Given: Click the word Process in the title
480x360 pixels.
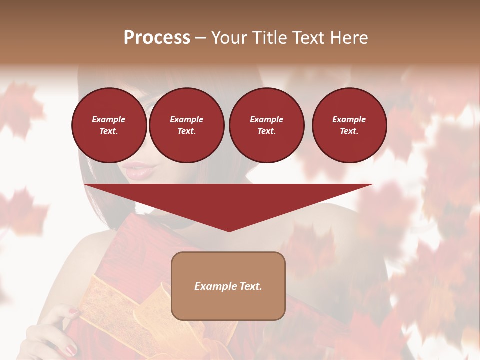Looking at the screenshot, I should (x=157, y=38).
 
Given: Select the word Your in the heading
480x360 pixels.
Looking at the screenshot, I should (x=231, y=38).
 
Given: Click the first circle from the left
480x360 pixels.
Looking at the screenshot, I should (x=109, y=125).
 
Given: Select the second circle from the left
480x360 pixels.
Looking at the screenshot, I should (x=186, y=125).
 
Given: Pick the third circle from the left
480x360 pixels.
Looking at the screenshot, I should (x=266, y=125).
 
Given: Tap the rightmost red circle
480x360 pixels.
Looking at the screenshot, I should (x=349, y=125).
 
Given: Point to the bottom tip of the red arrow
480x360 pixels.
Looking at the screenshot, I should (x=229, y=231).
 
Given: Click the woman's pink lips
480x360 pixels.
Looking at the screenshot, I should (x=136, y=170).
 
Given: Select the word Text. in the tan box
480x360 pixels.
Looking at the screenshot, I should (x=251, y=286).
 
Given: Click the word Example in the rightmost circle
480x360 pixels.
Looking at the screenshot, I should (x=349, y=119).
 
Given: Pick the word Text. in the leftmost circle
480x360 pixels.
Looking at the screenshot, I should (x=109, y=131).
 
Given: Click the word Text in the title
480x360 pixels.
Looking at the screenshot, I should (x=309, y=38).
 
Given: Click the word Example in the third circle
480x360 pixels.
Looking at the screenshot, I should (x=266, y=119).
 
